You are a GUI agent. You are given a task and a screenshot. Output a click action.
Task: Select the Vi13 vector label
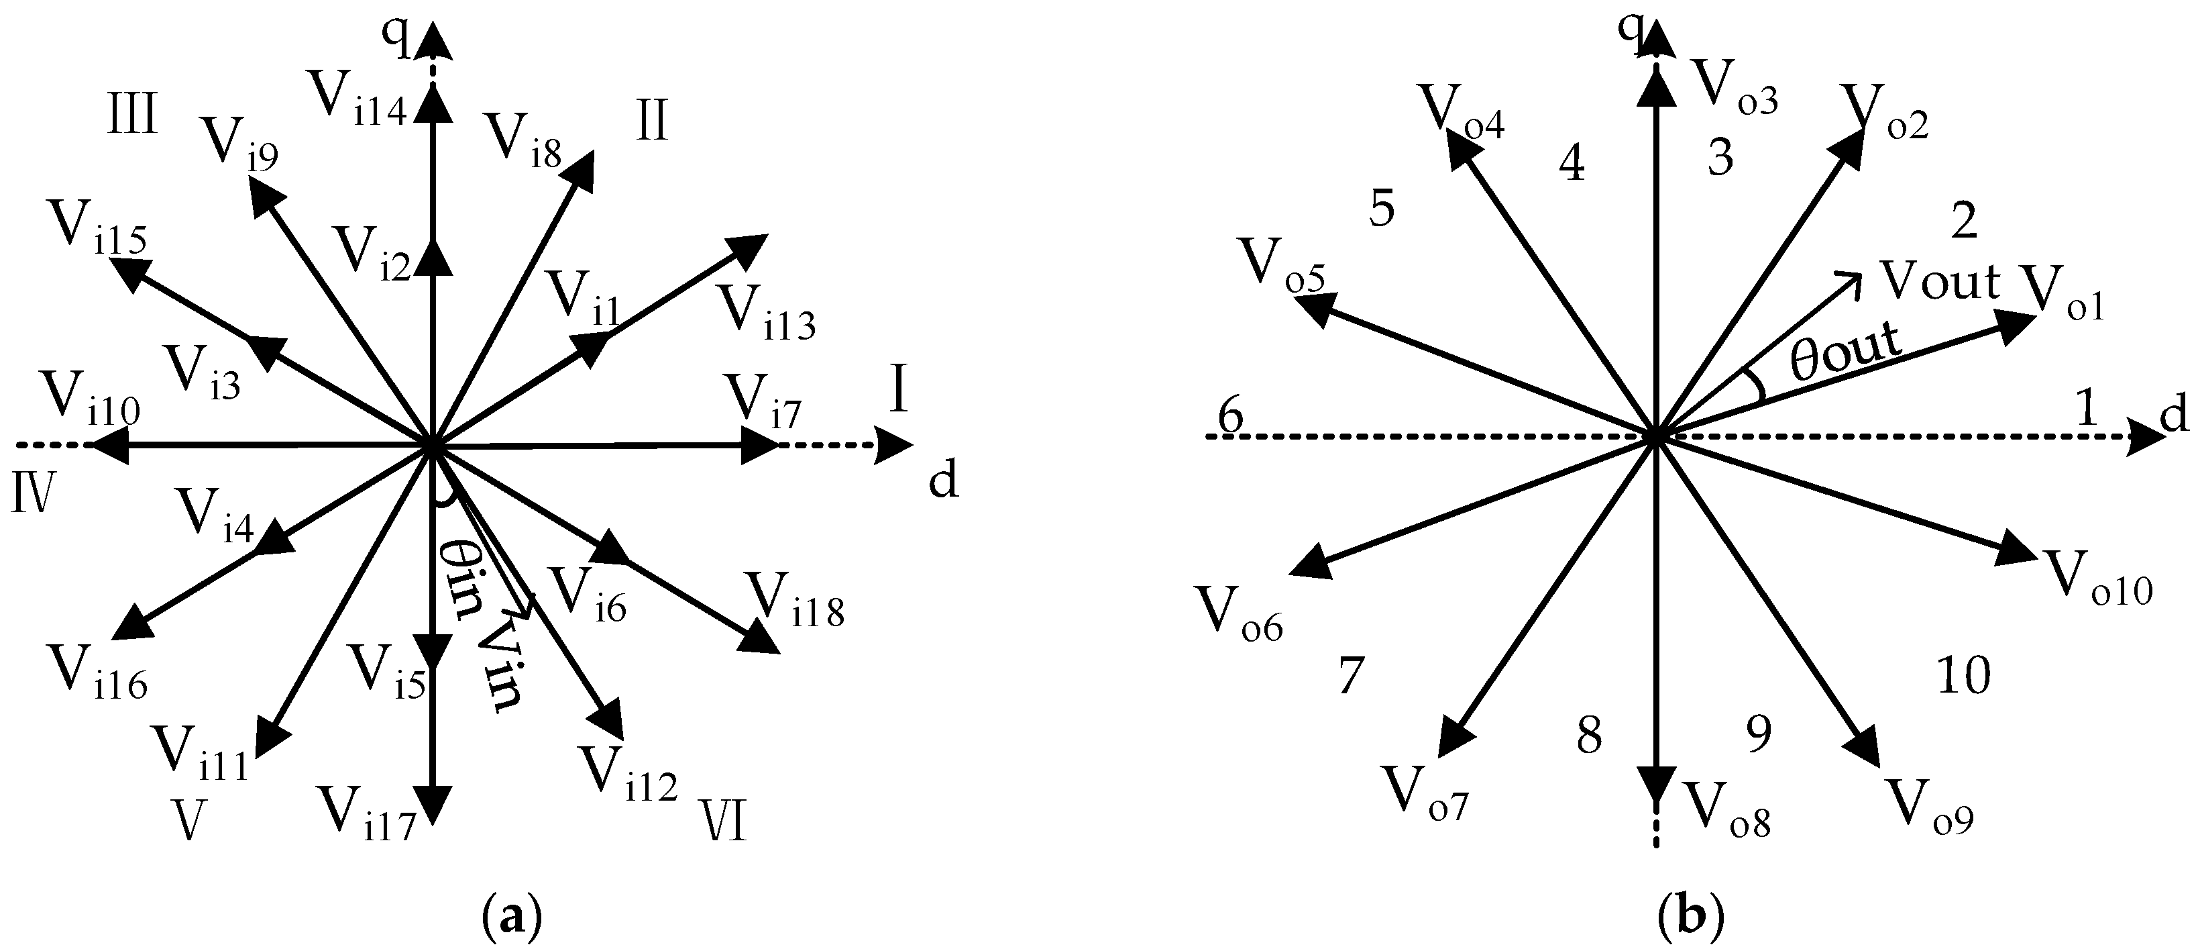click(x=766, y=311)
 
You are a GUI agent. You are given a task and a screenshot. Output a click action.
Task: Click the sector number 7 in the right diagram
click(x=1351, y=676)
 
